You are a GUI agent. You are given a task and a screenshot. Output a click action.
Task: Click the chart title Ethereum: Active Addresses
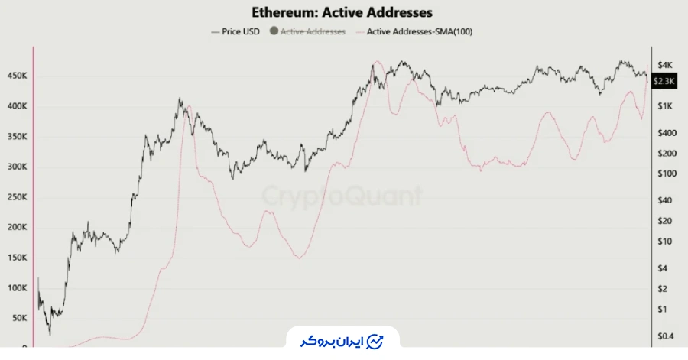point(342,13)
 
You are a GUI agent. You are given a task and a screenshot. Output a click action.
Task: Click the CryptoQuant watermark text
point(342,196)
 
